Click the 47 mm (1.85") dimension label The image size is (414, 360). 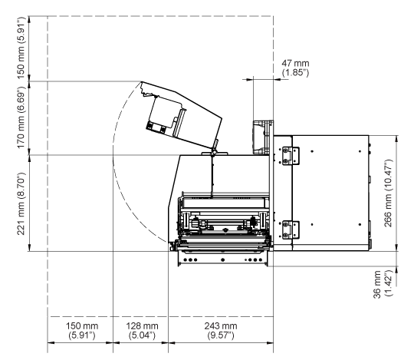295,68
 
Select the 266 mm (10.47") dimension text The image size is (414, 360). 388,193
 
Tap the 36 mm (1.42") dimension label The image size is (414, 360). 383,284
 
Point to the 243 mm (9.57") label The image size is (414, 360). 221,330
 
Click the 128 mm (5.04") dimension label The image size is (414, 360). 142,330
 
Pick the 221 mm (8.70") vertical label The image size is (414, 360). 21,203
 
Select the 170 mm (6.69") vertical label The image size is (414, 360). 21,117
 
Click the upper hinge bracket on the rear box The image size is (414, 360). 290,156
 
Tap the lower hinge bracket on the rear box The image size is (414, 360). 290,230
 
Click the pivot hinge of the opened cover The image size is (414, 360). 213,153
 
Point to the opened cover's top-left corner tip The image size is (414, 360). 142,81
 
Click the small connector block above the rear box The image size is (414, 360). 263,137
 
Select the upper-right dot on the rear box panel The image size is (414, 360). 360,151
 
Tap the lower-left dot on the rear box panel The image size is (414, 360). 312,225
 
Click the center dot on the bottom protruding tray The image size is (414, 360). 222,259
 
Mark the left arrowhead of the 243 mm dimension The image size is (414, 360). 172,343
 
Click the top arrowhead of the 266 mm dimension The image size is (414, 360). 397,139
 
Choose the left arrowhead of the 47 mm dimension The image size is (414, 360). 249,79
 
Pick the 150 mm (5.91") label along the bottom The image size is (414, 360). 82,330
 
